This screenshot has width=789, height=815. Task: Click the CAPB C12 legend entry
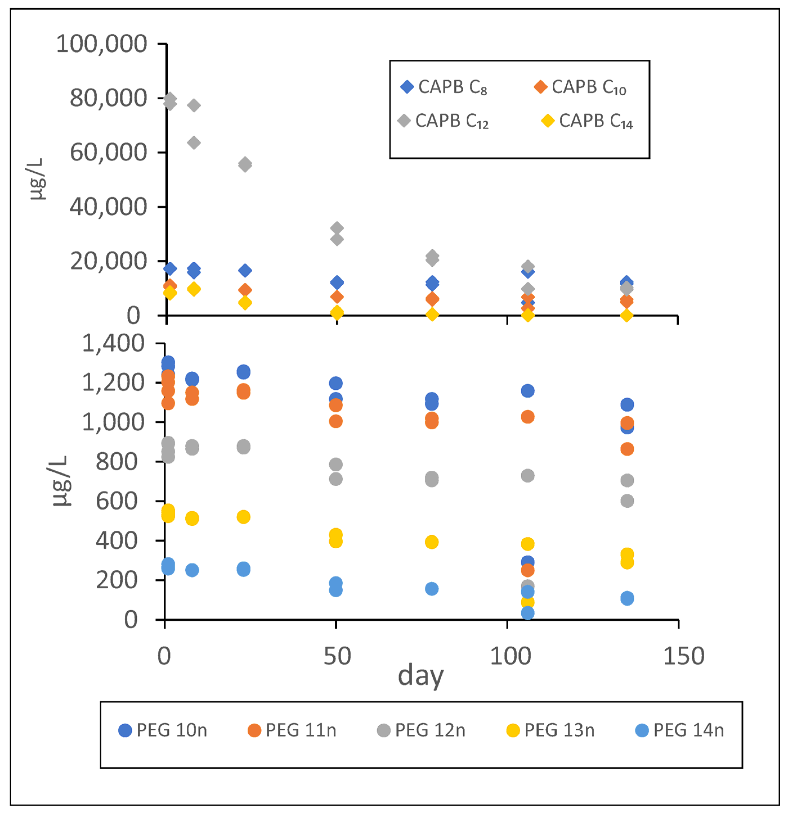coord(443,121)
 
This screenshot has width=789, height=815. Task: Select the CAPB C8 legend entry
coord(444,87)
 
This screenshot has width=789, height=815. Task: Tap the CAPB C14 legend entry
coord(587,121)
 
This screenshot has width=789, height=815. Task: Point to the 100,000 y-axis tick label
coord(102,44)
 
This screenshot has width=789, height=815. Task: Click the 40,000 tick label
coord(108,207)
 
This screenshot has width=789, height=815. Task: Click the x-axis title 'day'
coord(421,676)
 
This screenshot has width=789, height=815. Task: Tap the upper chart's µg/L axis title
coord(37,179)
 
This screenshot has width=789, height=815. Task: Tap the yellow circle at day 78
coord(431,542)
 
